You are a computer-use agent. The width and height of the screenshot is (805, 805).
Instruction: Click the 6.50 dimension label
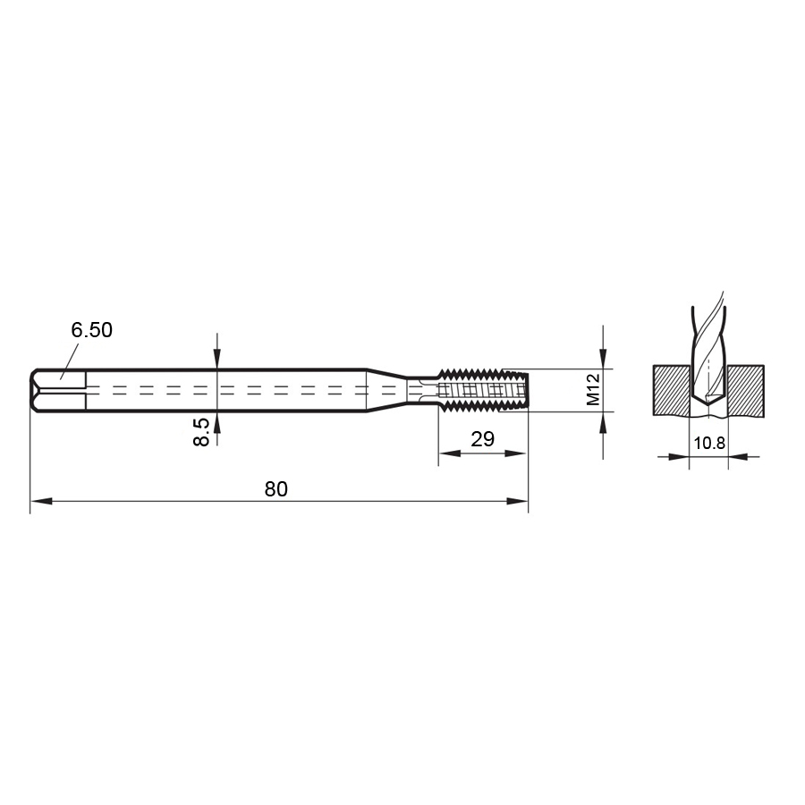pos(91,330)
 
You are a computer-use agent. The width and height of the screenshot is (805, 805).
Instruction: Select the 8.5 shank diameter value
pos(203,431)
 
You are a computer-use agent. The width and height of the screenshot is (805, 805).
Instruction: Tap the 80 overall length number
pos(275,489)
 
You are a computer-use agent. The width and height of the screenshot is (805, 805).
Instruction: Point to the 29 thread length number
pos(483,439)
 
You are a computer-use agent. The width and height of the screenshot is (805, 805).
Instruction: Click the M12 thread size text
pos(592,391)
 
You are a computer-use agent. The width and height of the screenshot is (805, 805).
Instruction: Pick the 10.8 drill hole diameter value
pos(708,442)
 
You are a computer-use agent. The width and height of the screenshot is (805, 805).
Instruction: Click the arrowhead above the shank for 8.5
pos(217,360)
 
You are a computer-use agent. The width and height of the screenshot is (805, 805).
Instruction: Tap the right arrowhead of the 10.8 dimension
pos(737,456)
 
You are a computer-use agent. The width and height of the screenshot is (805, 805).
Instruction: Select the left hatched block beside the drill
pos(670,389)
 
